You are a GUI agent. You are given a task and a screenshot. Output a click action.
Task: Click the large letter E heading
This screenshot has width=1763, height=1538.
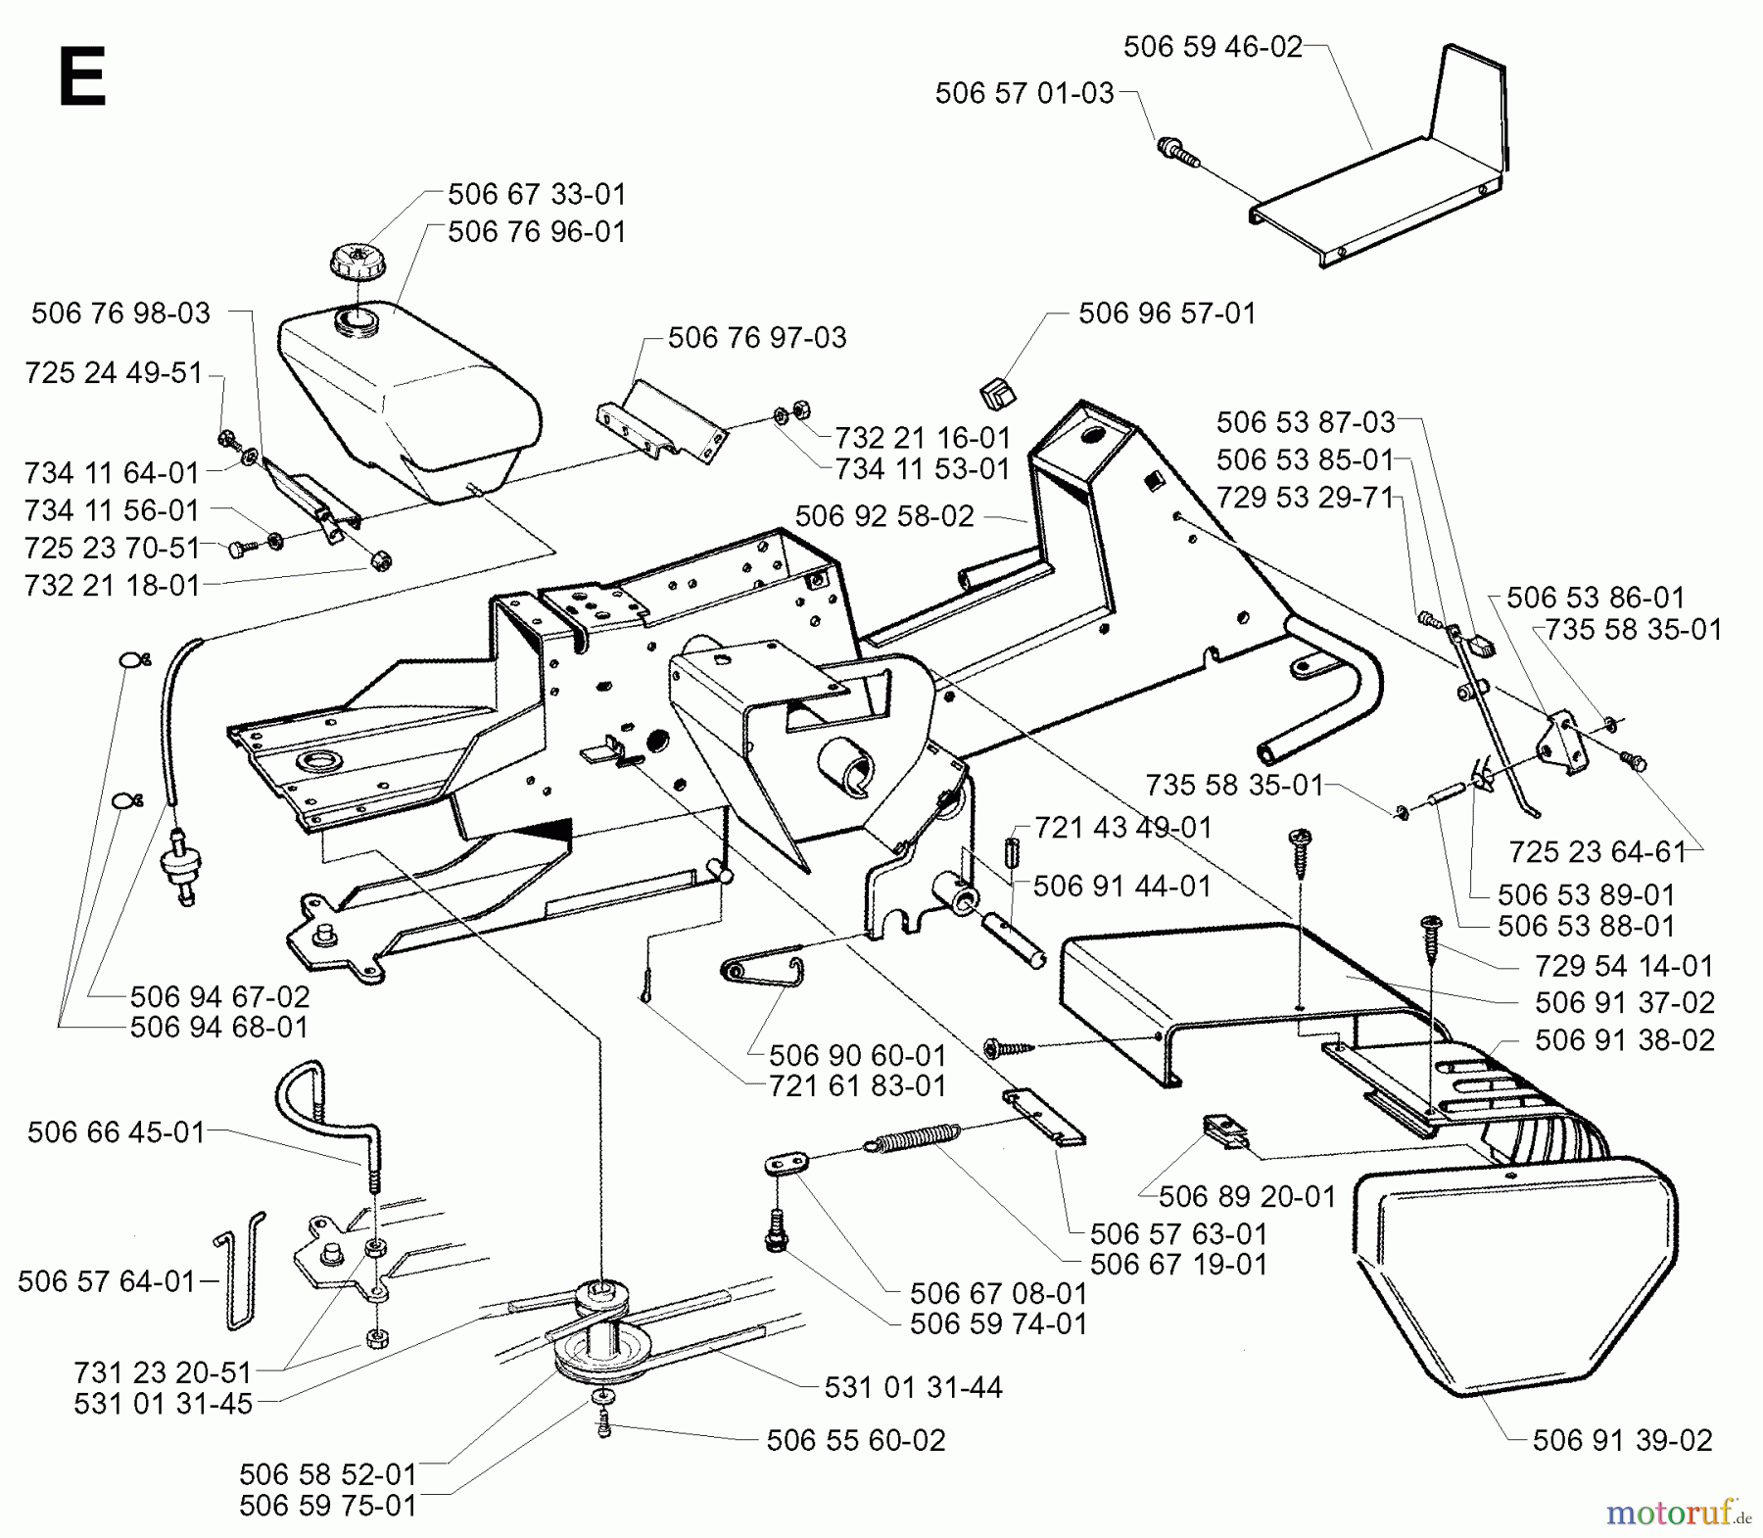81,77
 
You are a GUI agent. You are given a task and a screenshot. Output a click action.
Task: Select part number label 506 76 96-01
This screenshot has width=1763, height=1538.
536,231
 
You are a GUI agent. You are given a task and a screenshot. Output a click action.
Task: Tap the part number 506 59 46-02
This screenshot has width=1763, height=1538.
1212,47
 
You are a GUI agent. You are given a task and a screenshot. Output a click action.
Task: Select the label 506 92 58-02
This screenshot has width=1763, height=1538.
884,516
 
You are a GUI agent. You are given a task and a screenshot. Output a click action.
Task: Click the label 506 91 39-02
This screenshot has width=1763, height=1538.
1622,1440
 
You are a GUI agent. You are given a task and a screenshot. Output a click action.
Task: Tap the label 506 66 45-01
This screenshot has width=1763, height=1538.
116,1132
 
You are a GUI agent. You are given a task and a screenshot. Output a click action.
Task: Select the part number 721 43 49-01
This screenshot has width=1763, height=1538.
1122,828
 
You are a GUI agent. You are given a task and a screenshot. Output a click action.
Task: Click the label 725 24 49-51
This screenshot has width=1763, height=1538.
114,373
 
